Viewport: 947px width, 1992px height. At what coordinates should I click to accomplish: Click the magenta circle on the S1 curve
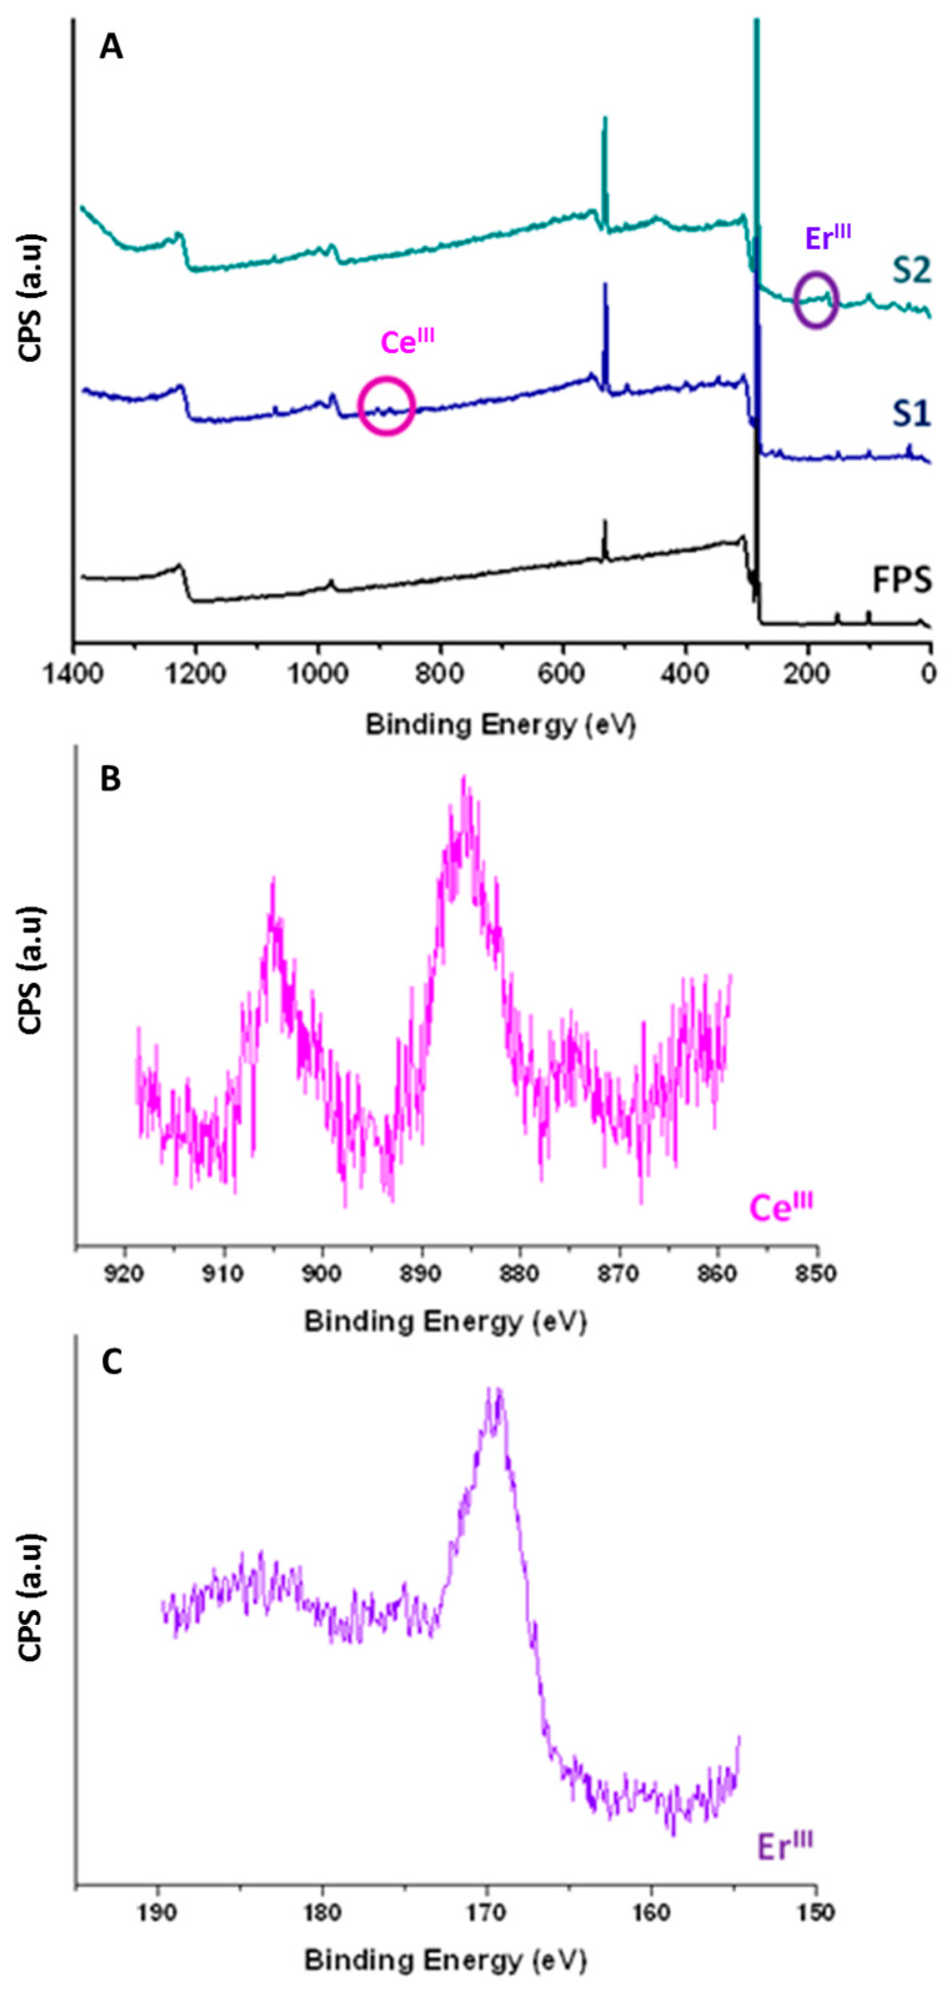pos(386,406)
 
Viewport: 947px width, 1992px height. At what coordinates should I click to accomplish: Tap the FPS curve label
pos(901,580)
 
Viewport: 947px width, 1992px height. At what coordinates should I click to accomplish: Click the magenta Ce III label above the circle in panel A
pos(408,342)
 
